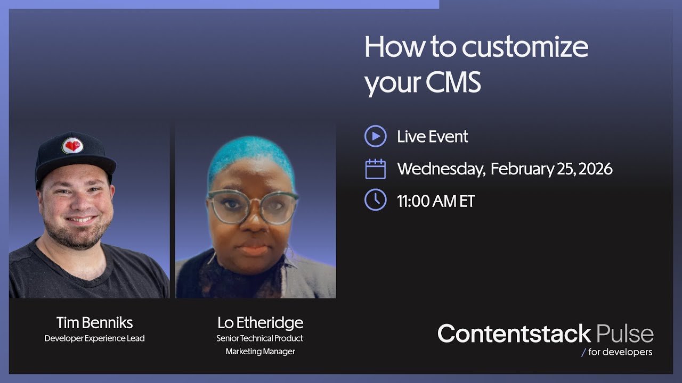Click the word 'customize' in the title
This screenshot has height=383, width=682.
point(525,48)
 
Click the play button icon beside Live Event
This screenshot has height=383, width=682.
point(375,136)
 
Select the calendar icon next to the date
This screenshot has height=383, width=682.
point(375,169)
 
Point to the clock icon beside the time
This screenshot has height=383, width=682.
point(375,201)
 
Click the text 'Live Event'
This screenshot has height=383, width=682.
point(432,137)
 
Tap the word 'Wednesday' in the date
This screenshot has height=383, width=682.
point(441,169)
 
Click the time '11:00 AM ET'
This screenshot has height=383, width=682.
point(435,201)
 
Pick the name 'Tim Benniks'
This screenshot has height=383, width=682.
point(94,322)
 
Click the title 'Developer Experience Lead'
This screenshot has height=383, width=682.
point(94,338)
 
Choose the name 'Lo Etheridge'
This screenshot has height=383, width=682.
point(260,322)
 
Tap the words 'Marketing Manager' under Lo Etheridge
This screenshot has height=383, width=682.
point(260,352)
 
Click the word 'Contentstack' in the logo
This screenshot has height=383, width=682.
point(514,334)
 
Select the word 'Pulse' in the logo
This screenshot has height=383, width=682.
point(625,334)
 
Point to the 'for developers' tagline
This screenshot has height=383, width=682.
point(620,352)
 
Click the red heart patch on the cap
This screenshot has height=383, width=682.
point(72,146)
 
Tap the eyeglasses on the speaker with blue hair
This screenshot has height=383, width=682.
point(253,206)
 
